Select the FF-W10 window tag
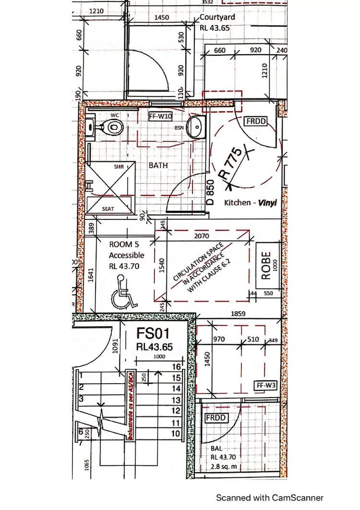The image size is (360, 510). (x=161, y=116)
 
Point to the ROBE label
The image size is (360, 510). (x=266, y=266)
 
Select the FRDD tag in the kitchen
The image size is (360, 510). (x=255, y=121)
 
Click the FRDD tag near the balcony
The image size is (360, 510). (x=216, y=417)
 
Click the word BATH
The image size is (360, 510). (x=158, y=165)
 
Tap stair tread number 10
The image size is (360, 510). (x=176, y=434)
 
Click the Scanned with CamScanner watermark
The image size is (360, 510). (x=269, y=498)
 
